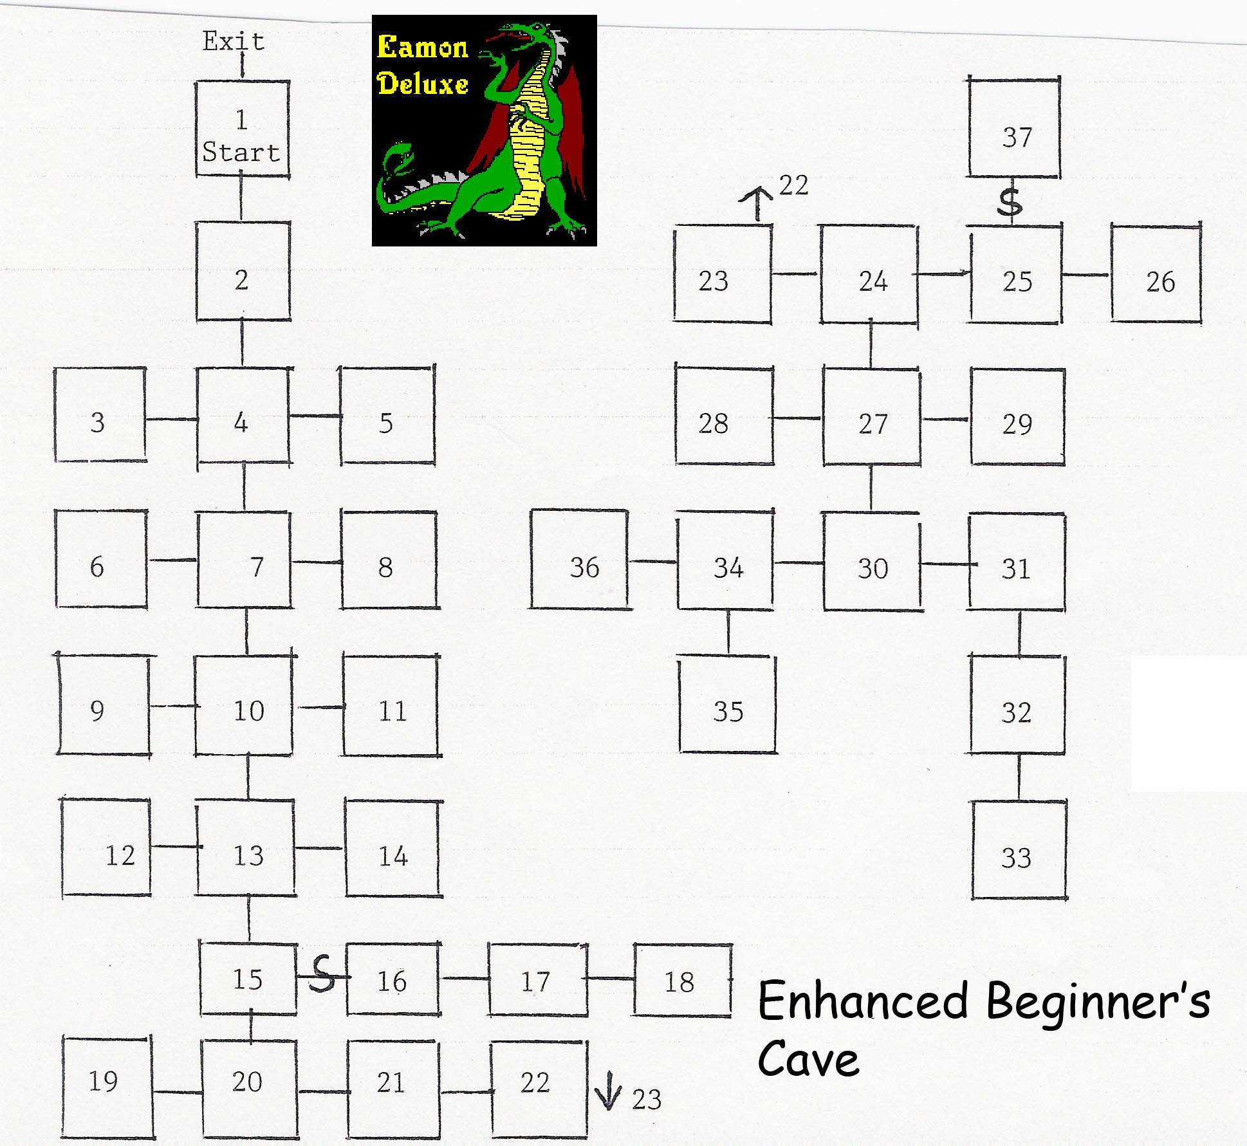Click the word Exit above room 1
tap(234, 41)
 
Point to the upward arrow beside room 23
tap(755, 203)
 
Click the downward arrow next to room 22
tap(607, 1091)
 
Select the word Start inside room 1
tap(241, 152)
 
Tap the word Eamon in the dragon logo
tap(423, 47)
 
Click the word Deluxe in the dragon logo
tap(423, 84)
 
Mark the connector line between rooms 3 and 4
tap(171, 419)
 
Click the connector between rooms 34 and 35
tap(728, 633)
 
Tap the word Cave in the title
tap(808, 1058)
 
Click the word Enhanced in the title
tap(862, 1001)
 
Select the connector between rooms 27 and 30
tap(871, 488)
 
